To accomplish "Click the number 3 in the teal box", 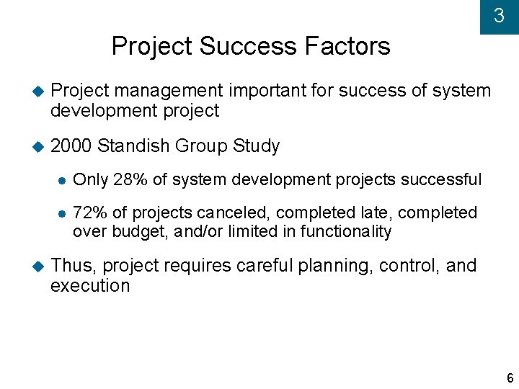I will coord(499,16).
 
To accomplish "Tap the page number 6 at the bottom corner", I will coord(510,378).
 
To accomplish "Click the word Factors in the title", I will coord(347,47).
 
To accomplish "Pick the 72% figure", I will coord(89,213).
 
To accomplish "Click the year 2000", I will coord(71,146).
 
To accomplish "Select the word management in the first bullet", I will coord(169,91).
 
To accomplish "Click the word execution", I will coord(90,286).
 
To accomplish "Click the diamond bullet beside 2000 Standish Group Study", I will coord(38,147).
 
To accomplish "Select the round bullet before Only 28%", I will coord(62,180).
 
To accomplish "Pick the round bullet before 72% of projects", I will coord(62,214).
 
